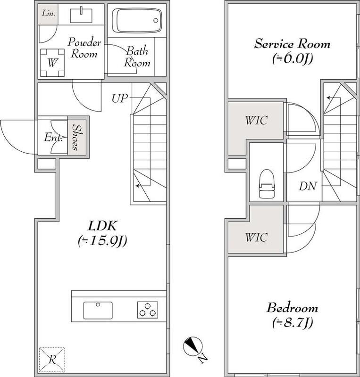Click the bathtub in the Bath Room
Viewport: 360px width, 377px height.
(x=137, y=20)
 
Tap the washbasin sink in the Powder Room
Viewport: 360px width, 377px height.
(x=81, y=16)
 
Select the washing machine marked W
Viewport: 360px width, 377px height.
(x=52, y=63)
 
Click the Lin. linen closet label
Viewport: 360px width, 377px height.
(x=49, y=14)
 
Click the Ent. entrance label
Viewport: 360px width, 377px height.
(x=53, y=138)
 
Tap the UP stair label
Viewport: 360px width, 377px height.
(x=119, y=98)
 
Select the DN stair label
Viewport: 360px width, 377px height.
(x=308, y=186)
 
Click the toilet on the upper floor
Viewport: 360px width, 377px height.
(x=266, y=184)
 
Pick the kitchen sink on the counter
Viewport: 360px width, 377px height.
(x=98, y=310)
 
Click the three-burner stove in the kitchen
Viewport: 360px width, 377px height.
(x=148, y=310)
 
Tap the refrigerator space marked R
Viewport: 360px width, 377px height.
(x=52, y=360)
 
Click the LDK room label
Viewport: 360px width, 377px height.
(x=102, y=226)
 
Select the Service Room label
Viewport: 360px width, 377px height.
(x=292, y=44)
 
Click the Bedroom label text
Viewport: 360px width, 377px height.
(x=292, y=308)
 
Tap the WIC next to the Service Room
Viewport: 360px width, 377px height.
(x=257, y=120)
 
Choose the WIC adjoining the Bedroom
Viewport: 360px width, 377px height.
(x=257, y=238)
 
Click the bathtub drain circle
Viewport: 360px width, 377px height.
(x=156, y=20)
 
